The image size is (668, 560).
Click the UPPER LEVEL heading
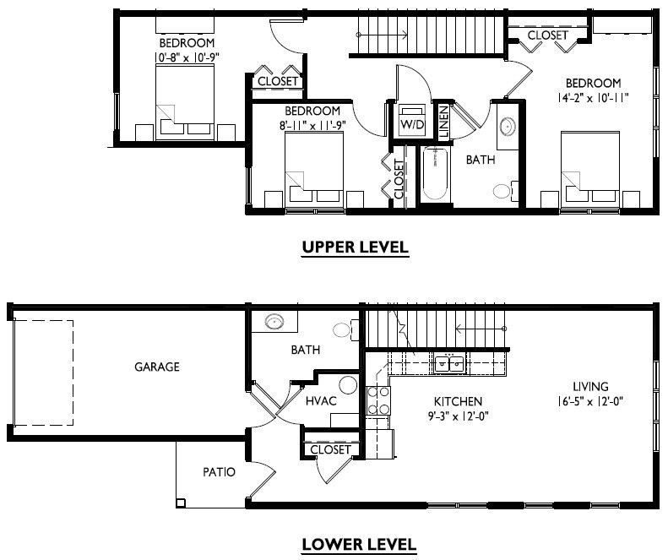356,247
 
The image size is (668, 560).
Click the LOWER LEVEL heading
359,544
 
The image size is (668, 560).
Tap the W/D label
412,125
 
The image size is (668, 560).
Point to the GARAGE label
156,367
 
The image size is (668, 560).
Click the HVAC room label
320,400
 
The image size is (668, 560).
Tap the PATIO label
219,472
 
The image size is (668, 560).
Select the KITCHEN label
458,401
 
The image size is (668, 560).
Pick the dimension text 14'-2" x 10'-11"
593,98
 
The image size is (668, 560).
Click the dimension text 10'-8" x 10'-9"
186,57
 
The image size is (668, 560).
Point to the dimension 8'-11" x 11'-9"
312,126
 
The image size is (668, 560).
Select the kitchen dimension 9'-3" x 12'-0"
458,416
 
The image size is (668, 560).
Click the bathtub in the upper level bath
435,175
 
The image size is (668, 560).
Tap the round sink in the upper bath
508,127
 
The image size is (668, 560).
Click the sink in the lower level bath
274,322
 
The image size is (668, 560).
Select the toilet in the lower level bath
343,330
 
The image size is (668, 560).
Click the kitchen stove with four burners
378,400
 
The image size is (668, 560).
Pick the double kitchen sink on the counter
448,363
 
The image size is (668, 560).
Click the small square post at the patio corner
181,503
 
